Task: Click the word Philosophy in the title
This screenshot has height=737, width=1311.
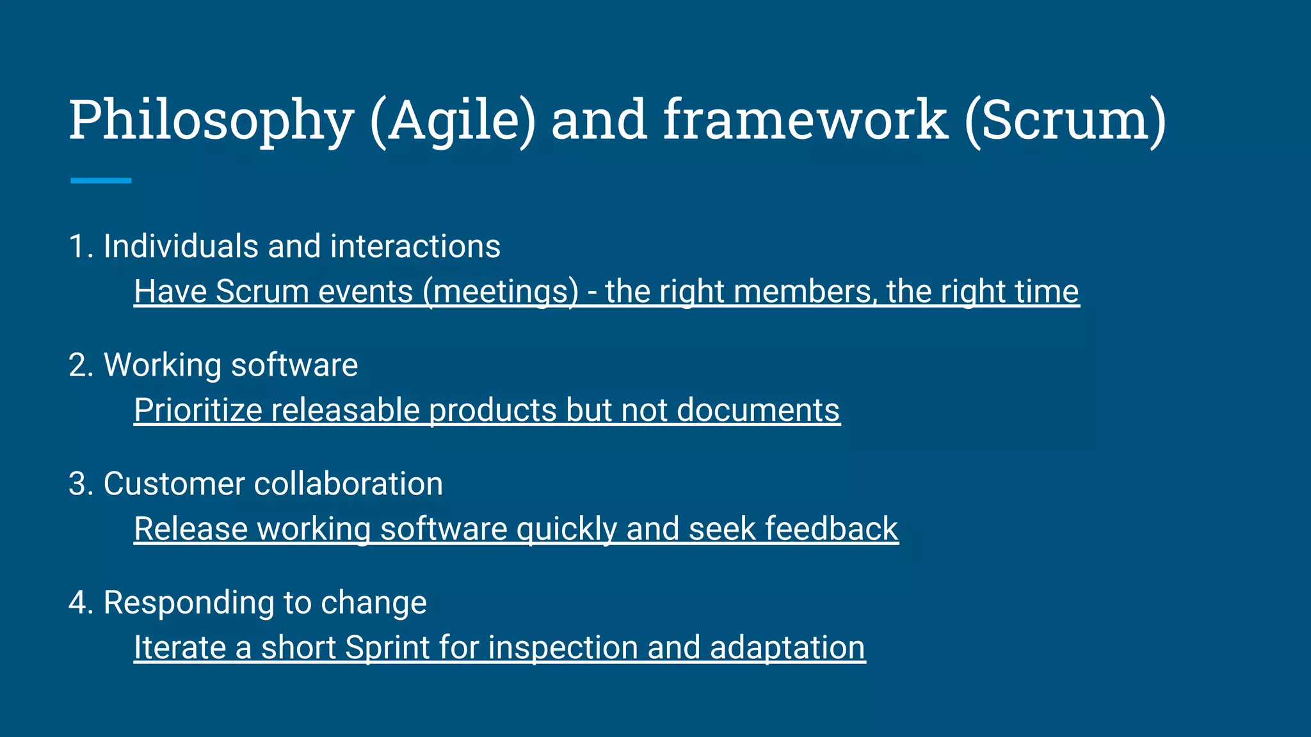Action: tap(211, 122)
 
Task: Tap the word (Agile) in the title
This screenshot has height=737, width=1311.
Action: tap(452, 122)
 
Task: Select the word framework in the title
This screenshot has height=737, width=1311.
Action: tap(805, 120)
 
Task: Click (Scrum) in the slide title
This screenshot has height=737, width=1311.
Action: tap(1065, 120)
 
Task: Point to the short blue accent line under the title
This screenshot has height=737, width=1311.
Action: tap(101, 180)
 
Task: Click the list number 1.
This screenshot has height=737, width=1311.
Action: tap(79, 247)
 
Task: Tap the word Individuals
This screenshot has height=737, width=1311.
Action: tap(180, 247)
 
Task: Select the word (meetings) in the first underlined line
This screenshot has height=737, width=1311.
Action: tap(500, 292)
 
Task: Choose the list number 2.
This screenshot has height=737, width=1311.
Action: tap(79, 365)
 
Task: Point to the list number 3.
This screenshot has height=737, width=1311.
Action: tap(79, 484)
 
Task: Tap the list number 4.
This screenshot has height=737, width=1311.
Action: tap(79, 603)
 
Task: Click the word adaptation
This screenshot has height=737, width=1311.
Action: tap(787, 647)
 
